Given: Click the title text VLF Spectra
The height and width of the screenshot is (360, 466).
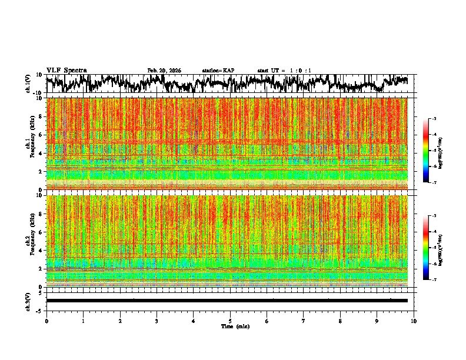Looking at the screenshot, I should coord(66,71).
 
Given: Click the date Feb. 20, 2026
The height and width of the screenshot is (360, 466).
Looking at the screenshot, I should coord(164,71).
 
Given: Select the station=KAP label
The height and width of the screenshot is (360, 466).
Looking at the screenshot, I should coord(218,71).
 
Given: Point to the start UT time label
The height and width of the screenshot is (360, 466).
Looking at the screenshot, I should coord(284,71).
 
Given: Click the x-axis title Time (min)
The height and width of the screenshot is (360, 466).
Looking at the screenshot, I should coord(235,326).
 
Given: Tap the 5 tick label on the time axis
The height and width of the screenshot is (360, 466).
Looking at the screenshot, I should coord(230,321).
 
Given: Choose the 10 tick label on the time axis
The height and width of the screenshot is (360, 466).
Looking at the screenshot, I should coord(414,321).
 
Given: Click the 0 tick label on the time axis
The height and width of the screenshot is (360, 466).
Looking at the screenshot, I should coord(46,321).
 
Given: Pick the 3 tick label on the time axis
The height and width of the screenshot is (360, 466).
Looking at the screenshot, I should coord(157,321).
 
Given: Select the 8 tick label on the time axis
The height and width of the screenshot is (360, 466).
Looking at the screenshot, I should coord(340,321).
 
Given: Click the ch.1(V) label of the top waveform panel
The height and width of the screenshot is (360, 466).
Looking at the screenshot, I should coord(28,84).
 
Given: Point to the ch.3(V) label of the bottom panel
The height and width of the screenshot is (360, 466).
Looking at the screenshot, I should coord(28,300).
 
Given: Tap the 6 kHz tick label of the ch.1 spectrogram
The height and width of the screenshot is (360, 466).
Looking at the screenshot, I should coord(40,135).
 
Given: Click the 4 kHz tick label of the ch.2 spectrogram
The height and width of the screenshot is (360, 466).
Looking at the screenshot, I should coord(40,250).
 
